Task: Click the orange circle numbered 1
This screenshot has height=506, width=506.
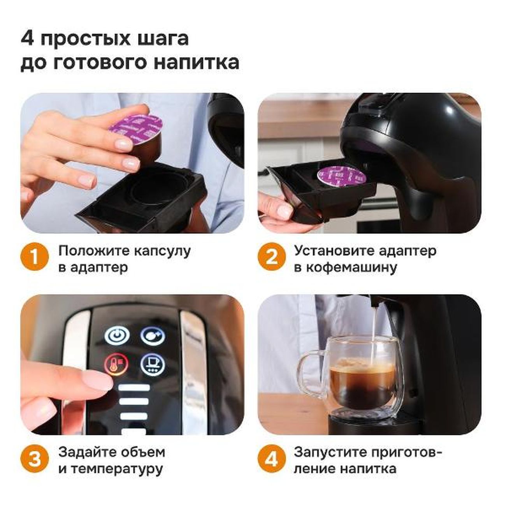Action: pyautogui.click(x=35, y=257)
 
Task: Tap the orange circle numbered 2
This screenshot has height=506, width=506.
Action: pyautogui.click(x=272, y=257)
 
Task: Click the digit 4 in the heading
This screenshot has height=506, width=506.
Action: pyautogui.click(x=27, y=39)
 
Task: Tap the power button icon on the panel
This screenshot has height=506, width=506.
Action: pyautogui.click(x=117, y=335)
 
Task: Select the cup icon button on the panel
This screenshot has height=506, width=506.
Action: pyautogui.click(x=153, y=365)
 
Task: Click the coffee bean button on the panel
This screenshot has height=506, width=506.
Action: pyautogui.click(x=153, y=335)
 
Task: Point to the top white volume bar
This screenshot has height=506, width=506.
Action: pyautogui.click(x=134, y=388)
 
